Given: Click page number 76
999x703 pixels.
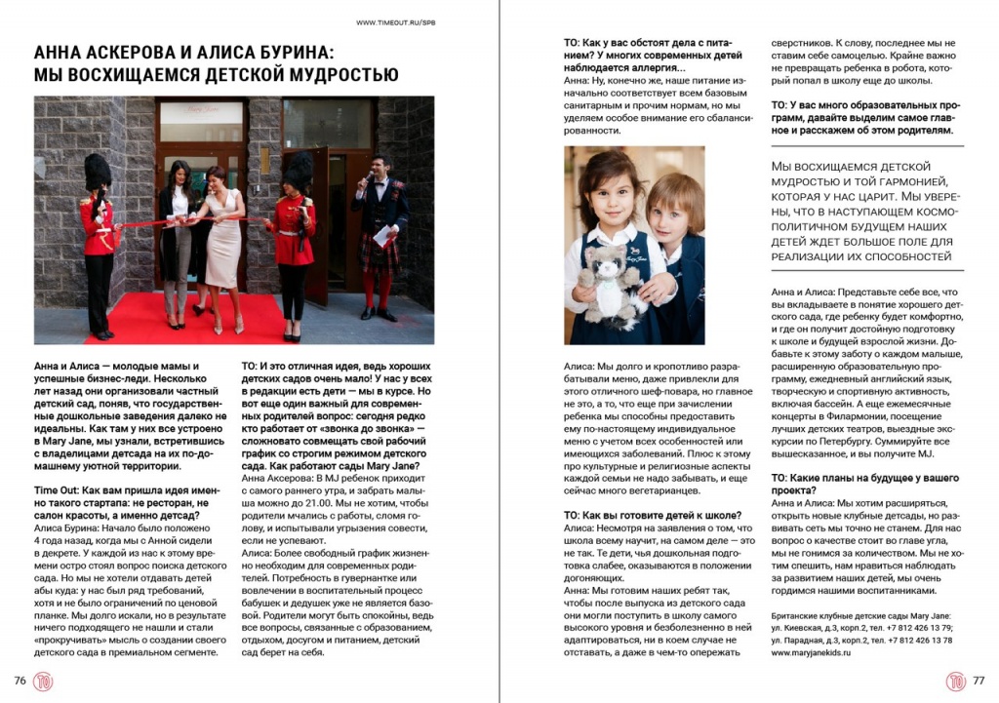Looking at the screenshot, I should coord(20,681).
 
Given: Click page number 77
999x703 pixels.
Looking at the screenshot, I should coord(979,681).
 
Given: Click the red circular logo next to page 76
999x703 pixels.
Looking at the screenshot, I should coord(45,681).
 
